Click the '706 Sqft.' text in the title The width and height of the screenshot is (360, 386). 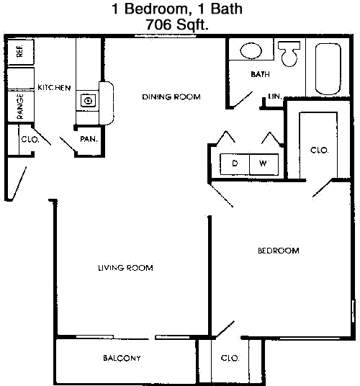(179, 24)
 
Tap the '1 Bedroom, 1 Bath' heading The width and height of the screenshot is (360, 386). (180, 10)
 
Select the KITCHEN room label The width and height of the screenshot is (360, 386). (54, 88)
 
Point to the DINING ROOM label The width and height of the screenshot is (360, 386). (171, 97)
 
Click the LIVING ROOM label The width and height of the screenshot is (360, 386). (126, 268)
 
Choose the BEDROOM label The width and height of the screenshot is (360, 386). (278, 251)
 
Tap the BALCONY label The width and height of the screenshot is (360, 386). (121, 358)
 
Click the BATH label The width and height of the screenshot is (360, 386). (259, 75)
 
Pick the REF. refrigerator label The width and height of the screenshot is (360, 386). (20, 51)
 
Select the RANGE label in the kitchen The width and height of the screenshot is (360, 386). (21, 105)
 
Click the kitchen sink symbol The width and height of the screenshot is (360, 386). (88, 100)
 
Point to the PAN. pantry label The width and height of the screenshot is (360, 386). (89, 139)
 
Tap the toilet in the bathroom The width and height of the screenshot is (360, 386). (290, 54)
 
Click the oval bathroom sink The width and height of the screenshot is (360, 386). (251, 50)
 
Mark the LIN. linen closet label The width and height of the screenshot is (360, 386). (274, 96)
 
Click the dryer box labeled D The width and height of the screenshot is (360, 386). (235, 163)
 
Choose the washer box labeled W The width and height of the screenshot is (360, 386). (264, 163)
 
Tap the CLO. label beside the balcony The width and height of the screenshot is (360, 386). (230, 358)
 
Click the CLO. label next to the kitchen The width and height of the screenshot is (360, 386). (30, 139)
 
